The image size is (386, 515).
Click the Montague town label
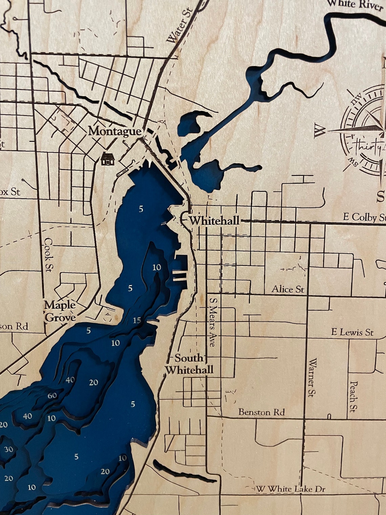tap(114, 131)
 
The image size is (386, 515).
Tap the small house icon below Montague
tap(108, 158)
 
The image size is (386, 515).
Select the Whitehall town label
tap(214, 221)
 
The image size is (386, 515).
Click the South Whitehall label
tap(190, 364)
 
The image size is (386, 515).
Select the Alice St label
tap(288, 289)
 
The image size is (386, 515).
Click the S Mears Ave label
tap(212, 322)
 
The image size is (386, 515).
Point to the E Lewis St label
tap(352, 332)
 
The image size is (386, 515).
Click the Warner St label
tap(312, 378)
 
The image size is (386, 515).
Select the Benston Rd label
tap(261, 412)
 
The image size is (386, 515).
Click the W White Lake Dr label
tap(291, 489)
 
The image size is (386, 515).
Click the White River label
tap(356, 5)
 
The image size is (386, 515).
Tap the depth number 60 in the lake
tap(52, 395)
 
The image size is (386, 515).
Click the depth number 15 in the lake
tap(137, 321)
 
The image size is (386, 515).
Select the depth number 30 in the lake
tap(9, 449)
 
